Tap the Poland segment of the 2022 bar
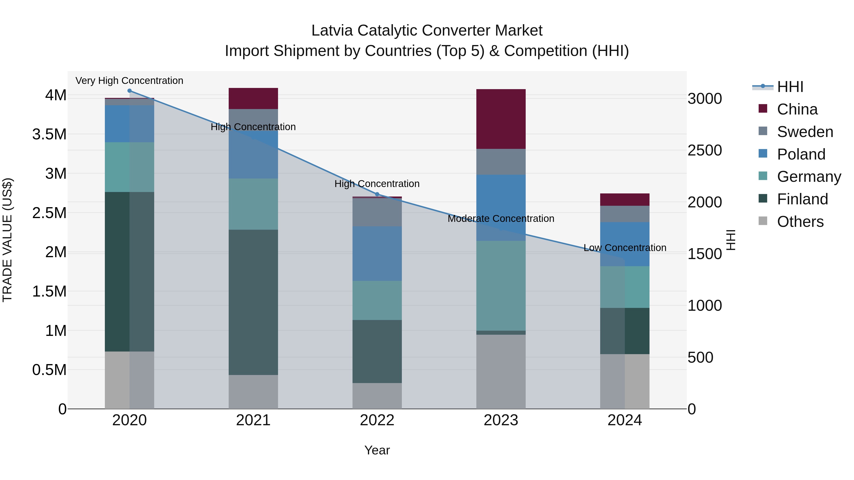click(377, 253)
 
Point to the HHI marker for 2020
click(129, 91)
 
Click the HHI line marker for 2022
click(377, 194)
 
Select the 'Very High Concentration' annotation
click(129, 81)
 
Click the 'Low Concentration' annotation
click(625, 248)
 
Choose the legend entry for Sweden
click(805, 132)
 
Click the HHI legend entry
click(790, 87)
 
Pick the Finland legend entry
click(802, 199)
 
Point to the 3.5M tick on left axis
click(49, 134)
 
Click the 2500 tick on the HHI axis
click(705, 150)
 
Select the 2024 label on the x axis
click(625, 420)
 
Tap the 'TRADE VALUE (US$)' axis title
click(7, 240)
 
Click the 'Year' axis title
click(377, 450)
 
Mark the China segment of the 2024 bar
click(625, 200)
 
